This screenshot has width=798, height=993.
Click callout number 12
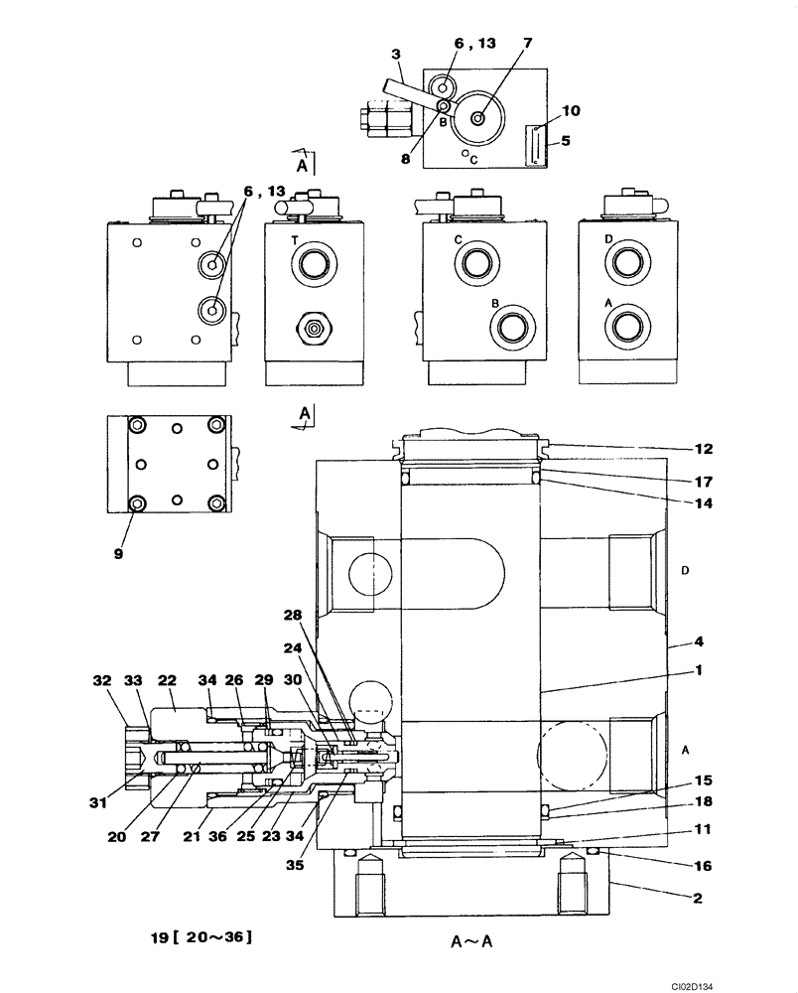click(703, 449)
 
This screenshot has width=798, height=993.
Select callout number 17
click(703, 483)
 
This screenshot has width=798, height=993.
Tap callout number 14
click(703, 503)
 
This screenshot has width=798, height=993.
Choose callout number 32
click(102, 682)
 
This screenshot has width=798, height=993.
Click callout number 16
click(703, 867)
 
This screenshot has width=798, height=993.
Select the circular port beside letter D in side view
click(628, 264)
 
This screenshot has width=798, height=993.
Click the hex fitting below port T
click(315, 328)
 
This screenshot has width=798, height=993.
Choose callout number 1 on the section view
click(700, 670)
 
